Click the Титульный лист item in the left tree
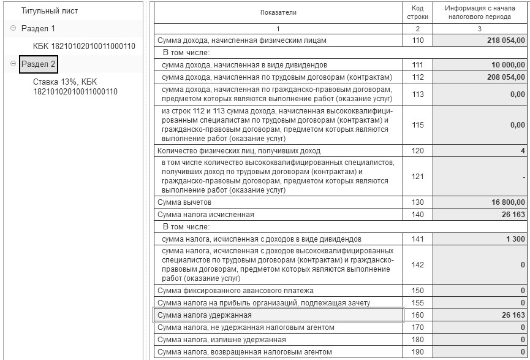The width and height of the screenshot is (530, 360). click(50, 11)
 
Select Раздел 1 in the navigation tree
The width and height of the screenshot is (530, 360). click(38, 29)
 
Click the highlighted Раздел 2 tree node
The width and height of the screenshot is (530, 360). click(38, 64)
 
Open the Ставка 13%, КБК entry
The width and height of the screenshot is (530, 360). click(75, 86)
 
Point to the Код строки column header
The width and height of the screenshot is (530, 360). click(417, 12)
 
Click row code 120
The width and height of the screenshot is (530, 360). click(417, 150)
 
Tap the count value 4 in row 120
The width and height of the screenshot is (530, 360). click(522, 150)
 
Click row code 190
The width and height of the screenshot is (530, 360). click(417, 351)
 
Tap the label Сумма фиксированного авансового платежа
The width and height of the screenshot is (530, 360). click(232, 290)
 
